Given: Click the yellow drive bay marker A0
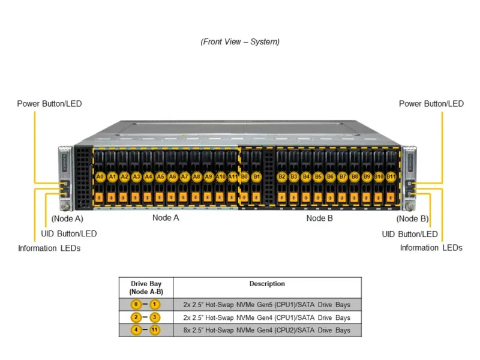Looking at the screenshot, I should (100, 177).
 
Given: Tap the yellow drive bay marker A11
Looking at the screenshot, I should (233, 177).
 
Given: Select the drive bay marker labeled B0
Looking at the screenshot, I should (245, 177).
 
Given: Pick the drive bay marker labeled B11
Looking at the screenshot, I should (391, 177).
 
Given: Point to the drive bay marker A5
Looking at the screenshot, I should (160, 177).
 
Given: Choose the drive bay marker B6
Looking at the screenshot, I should (330, 177).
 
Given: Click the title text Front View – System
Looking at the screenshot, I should (240, 42).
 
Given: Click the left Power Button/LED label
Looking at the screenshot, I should (49, 104).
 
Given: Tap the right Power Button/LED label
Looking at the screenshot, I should (431, 104).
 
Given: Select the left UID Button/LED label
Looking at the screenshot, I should (68, 233).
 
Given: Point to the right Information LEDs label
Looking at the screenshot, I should (431, 247).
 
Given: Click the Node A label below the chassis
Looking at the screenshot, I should (166, 218).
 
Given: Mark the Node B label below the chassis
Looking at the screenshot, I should (319, 218).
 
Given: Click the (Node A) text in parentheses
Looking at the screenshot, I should (67, 219).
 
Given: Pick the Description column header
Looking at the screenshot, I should (267, 284).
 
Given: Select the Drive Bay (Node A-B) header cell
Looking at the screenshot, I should (146, 287).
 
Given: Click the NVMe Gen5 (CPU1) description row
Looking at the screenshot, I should (267, 304).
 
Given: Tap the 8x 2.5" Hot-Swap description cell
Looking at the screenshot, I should (267, 330).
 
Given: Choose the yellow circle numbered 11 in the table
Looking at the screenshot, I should (155, 330).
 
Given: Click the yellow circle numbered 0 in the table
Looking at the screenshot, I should (136, 304).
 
